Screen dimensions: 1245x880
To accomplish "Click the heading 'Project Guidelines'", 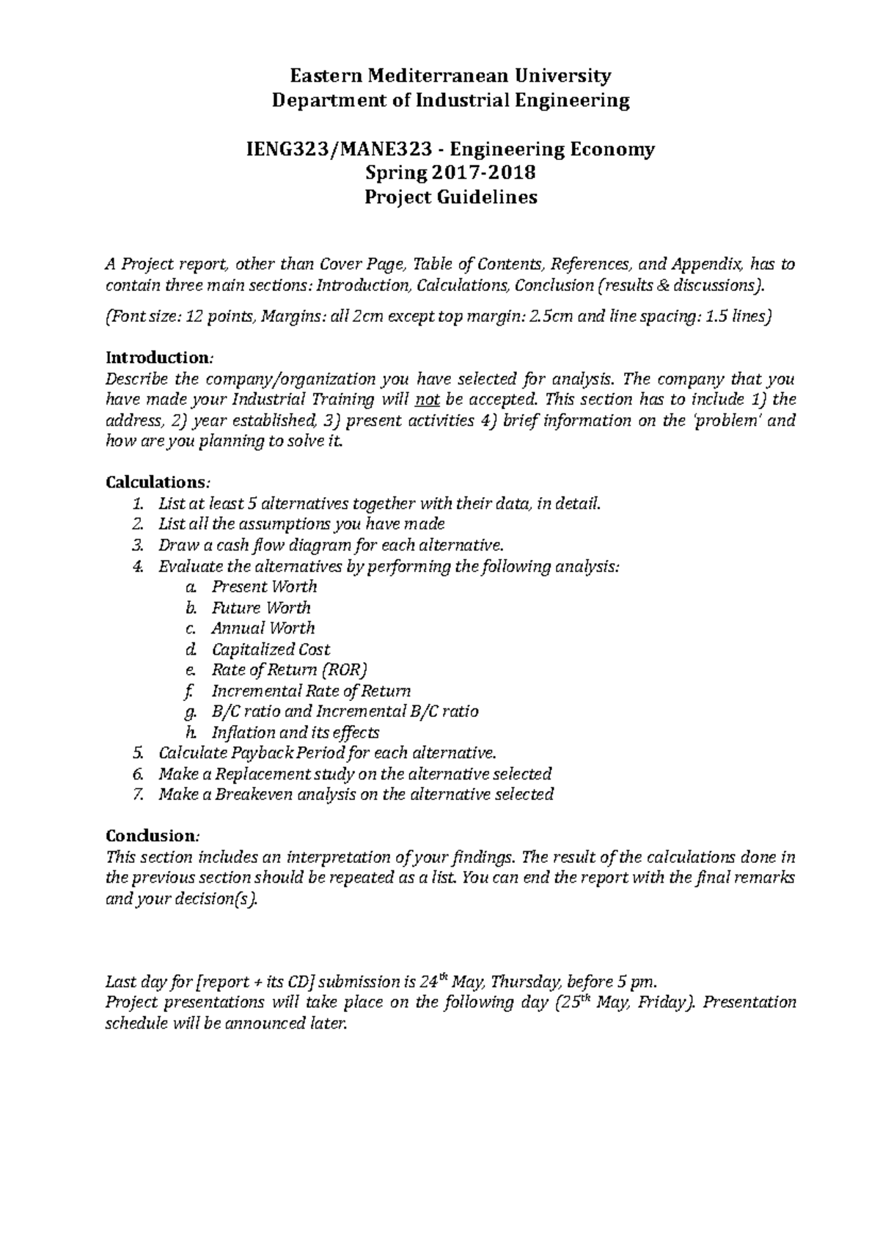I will (451, 197).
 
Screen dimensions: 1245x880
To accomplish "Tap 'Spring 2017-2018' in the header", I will (450, 174).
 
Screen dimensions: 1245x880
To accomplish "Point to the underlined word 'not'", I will (426, 400).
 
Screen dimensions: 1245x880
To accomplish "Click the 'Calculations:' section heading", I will (158, 482).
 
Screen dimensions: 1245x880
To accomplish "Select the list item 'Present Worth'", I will (264, 587).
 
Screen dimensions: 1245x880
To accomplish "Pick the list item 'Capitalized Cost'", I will (271, 650).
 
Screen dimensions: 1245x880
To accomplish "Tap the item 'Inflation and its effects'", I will (295, 732).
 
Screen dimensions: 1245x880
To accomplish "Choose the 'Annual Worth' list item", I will (263, 628).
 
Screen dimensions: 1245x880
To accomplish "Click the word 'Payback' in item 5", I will (263, 753).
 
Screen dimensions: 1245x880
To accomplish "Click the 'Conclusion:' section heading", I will (152, 836).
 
